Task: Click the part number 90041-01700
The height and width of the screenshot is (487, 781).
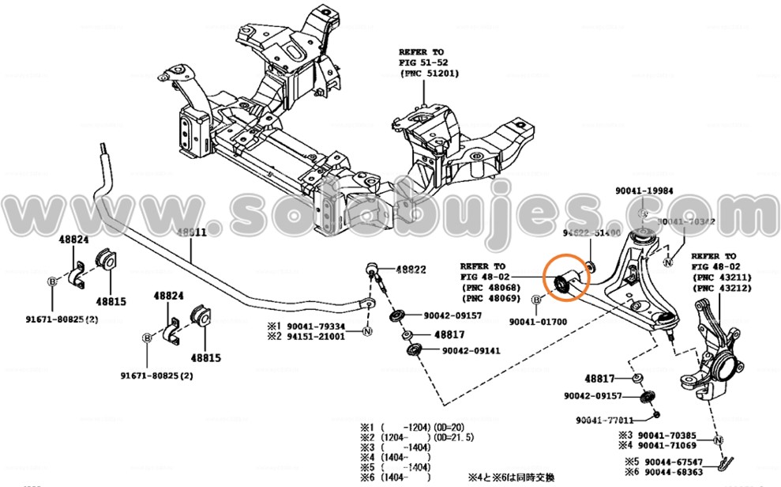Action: coord(539,322)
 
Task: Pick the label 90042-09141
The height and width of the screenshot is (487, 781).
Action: coord(471,351)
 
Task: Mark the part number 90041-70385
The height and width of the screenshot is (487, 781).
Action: coord(667,436)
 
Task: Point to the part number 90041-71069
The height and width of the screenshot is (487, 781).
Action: coord(667,446)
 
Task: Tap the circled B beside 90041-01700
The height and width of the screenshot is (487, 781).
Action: coord(536,300)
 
